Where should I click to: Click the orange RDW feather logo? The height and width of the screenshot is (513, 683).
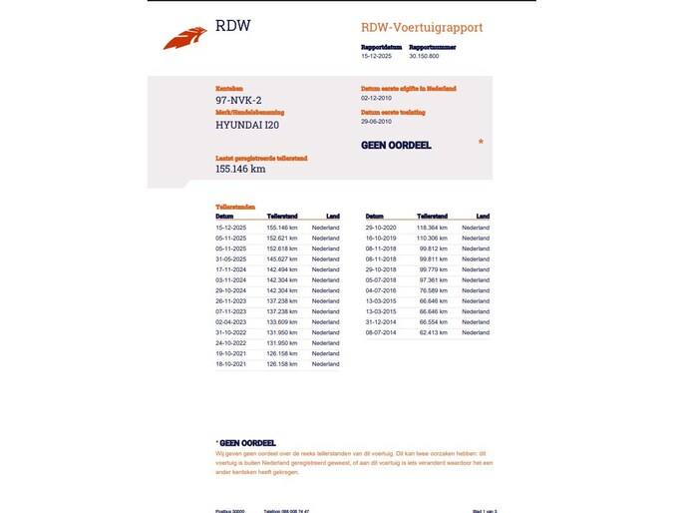coord(184,38)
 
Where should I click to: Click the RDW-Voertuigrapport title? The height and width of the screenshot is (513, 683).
coord(422,28)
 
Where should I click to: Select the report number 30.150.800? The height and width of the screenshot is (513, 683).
coord(425,57)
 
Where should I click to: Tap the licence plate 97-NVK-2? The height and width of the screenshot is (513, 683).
coord(238,100)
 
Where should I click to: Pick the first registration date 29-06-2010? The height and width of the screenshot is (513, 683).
coord(378,122)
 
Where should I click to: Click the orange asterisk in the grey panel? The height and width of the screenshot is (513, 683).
coord(481,143)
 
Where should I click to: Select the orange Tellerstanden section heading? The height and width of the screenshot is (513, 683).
coord(235,207)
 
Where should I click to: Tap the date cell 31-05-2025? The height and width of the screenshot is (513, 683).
coord(231,259)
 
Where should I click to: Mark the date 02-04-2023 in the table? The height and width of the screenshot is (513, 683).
coord(231,322)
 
